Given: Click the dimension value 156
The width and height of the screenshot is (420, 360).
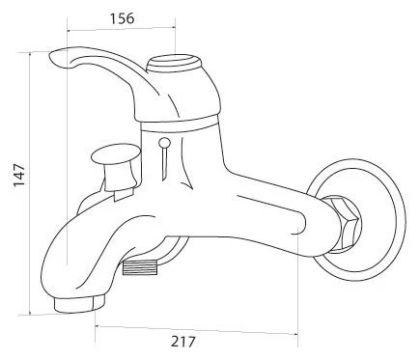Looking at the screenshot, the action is (x=123, y=18).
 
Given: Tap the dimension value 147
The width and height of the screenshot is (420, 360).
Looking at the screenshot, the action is (x=19, y=175).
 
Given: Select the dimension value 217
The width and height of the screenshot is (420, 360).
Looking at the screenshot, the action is (x=182, y=342).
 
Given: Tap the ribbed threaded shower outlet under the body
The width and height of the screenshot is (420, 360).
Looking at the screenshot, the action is (x=140, y=267).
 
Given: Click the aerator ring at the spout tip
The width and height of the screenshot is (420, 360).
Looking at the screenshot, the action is (x=79, y=304).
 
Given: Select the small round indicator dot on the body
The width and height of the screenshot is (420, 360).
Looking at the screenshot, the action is (x=164, y=142).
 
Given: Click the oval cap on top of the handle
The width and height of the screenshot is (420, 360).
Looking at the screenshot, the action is (x=174, y=64).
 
